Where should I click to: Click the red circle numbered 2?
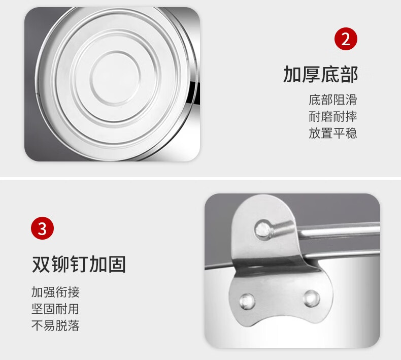[346, 39]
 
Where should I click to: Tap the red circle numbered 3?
[43, 228]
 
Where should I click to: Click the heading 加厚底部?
[320, 74]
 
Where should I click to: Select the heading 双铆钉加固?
[79, 264]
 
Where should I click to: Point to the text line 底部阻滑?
[332, 100]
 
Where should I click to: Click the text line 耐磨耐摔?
[332, 116]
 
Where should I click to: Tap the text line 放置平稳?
[332, 134]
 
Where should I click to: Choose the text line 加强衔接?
[55, 292]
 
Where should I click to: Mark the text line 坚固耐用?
[55, 309]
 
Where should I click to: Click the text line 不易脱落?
[55, 325]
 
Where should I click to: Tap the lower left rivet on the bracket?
[247, 301]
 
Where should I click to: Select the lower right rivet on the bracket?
[312, 299]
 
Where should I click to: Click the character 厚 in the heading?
[311, 74]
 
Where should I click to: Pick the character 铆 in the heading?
[60, 264]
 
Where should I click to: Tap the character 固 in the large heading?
[117, 264]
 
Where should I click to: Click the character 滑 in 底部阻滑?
[351, 100]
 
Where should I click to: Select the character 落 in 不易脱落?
[74, 325]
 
